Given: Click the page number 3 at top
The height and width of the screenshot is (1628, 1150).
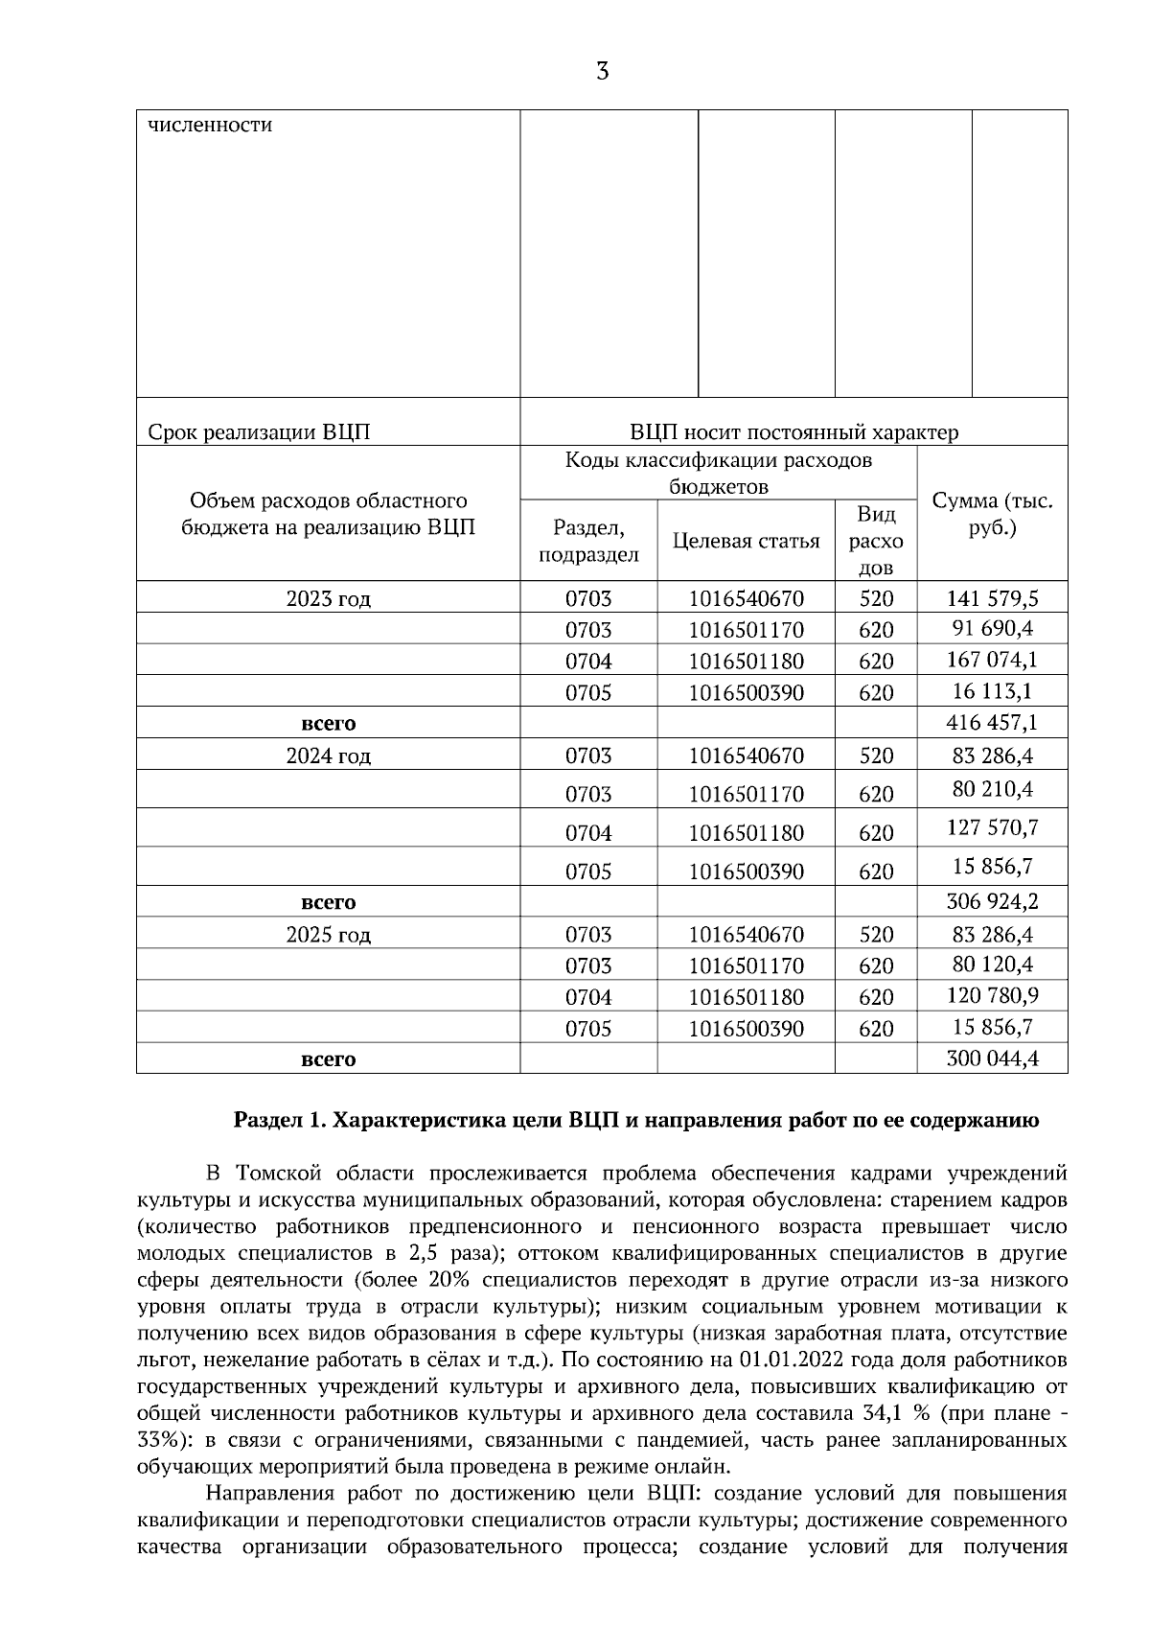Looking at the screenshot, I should tap(602, 72).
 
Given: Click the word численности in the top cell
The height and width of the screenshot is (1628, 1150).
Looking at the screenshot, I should tap(210, 126).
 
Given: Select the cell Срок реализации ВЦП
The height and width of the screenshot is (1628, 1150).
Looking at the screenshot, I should tap(260, 432).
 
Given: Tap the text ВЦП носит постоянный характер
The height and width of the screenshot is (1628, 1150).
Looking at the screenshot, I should tap(793, 432).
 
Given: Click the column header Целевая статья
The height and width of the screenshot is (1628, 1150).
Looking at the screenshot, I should tap(746, 542).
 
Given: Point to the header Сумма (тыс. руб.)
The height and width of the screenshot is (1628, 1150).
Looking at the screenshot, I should tap(992, 514).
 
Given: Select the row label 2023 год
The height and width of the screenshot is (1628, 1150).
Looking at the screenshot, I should tap(328, 599).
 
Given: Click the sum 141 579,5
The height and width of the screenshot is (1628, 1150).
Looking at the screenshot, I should tap(992, 599).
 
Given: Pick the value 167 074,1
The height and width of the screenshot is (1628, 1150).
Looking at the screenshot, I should tap(992, 661).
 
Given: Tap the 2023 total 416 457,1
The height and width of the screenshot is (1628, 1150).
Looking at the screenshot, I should tap(992, 722).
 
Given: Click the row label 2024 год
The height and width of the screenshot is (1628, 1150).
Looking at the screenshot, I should tap(328, 756).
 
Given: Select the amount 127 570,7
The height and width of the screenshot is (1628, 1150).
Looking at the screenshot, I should tap(994, 827).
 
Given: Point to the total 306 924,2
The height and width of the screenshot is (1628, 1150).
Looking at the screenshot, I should tap(992, 902).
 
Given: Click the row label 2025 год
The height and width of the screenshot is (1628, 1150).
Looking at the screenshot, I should tap(328, 935).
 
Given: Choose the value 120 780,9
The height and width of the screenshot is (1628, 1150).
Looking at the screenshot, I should tap(992, 996).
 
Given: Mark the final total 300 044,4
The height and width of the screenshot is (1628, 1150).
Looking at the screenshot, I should tap(992, 1059).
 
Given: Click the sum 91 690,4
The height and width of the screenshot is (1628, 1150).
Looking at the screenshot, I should tap(992, 630).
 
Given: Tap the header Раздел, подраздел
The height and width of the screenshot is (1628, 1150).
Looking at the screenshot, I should tap(588, 542).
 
